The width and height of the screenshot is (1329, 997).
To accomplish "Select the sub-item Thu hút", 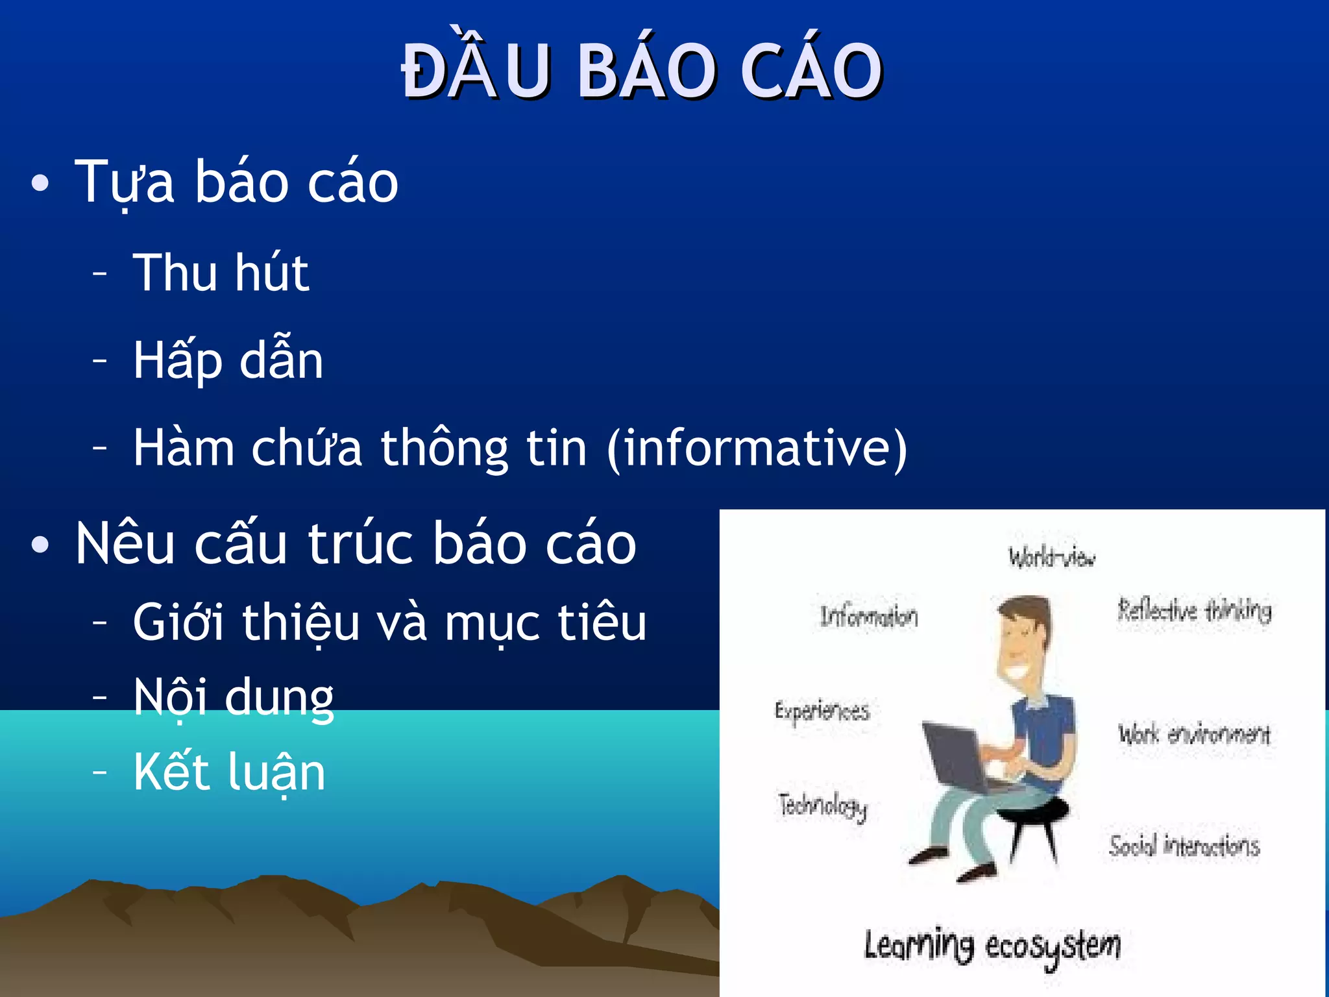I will [x=221, y=273].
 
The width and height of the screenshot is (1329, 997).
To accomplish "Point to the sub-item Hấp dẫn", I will [x=228, y=360].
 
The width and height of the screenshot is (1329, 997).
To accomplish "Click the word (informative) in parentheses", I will [x=757, y=449].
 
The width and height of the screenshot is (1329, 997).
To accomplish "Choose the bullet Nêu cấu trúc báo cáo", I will [x=355, y=544].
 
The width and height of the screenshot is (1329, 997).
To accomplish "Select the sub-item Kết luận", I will [x=229, y=772].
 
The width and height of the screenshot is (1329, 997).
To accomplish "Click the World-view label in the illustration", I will [x=1051, y=558].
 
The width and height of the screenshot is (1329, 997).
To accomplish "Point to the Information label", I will [x=869, y=616].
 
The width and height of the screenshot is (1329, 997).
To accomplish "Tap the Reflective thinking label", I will [x=1194, y=611].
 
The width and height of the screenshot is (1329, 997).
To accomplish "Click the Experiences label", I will [x=822, y=711].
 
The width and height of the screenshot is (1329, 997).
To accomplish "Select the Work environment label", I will [x=1193, y=734].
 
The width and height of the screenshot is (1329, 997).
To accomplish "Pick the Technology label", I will [x=823, y=807].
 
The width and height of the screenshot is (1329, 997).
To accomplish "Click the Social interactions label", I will [x=1184, y=846].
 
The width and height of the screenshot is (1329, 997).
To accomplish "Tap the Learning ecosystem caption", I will [x=992, y=946].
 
